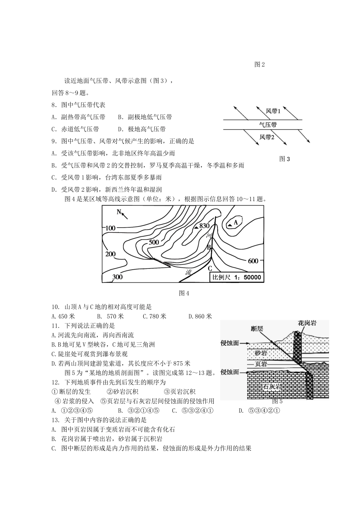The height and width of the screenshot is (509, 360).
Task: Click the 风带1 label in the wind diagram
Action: (x=273, y=111)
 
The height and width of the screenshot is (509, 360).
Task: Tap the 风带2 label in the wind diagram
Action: (x=267, y=137)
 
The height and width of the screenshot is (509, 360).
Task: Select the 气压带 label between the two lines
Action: (x=268, y=125)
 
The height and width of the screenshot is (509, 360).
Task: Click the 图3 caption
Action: (x=284, y=159)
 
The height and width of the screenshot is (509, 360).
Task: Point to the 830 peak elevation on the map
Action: (x=204, y=226)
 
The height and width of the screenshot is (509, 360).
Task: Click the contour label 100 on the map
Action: (x=110, y=228)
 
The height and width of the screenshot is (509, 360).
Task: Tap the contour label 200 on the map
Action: (x=110, y=254)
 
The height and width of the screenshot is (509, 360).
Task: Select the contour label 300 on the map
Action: (x=117, y=277)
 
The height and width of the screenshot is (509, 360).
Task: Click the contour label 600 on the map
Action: (x=253, y=261)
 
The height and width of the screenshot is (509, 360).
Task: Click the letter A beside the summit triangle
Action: (x=236, y=223)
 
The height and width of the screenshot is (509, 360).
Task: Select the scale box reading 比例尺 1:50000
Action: (x=236, y=277)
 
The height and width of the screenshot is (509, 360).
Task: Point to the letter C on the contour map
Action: (x=210, y=268)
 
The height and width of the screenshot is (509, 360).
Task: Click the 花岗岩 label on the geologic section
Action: (x=307, y=323)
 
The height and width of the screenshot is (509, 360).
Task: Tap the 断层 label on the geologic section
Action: (x=257, y=329)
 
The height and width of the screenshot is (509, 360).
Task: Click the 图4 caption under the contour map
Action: (x=183, y=293)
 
